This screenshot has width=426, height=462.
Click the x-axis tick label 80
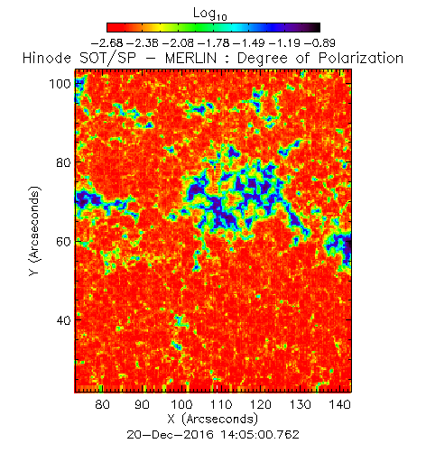tap(102, 404)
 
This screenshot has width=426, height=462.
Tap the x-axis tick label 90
tap(142, 404)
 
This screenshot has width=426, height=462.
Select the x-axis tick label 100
tap(181, 404)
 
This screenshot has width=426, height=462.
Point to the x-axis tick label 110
tap(221, 404)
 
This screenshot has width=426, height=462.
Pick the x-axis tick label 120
tap(261, 404)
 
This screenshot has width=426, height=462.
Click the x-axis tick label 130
tap(300, 404)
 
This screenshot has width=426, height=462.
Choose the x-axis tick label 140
tap(339, 404)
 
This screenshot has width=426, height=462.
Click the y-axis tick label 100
tap(60, 84)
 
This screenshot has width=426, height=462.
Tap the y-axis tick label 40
tap(64, 320)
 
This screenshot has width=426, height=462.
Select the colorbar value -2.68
tap(106, 43)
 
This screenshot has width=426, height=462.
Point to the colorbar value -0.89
tap(319, 43)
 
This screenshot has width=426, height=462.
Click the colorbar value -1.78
tap(213, 43)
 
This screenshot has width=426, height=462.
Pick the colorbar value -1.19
tap(284, 43)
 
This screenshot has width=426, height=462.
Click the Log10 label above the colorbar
tap(209, 14)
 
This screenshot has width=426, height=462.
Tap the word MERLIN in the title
tap(190, 58)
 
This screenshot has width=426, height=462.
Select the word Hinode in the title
tap(47, 58)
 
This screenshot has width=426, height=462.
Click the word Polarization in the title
tap(361, 58)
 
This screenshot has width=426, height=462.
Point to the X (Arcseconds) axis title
tap(213, 419)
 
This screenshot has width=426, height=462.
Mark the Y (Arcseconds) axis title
tap(34, 231)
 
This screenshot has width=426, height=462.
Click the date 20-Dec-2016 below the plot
tap(170, 435)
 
